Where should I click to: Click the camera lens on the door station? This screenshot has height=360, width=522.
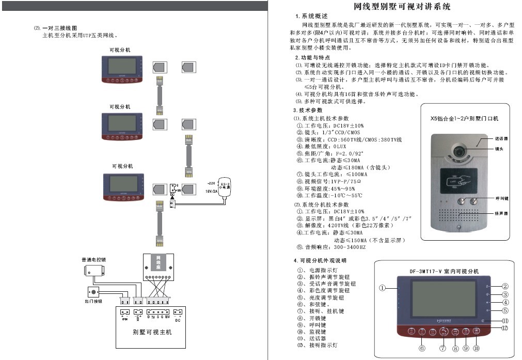point(459,150)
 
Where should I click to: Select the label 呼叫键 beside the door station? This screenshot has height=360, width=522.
point(501,198)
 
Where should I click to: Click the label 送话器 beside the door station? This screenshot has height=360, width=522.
point(501,139)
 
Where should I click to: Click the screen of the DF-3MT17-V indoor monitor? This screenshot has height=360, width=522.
point(438,299)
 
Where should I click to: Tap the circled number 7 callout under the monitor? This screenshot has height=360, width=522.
point(443,349)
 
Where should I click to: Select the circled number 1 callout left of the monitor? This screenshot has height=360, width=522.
point(382,288)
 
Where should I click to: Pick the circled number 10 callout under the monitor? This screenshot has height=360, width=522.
point(476,349)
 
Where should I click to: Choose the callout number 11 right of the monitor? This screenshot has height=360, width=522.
point(505,321)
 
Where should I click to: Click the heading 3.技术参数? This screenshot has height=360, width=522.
point(309,111)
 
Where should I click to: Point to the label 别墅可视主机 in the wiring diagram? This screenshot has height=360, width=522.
point(152,332)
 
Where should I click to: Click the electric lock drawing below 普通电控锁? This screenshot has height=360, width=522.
point(93,271)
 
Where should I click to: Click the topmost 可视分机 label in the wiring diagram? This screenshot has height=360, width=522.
point(120,50)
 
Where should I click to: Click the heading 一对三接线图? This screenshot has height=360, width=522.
point(59,28)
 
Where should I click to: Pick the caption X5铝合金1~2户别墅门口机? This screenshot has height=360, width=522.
point(457,118)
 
